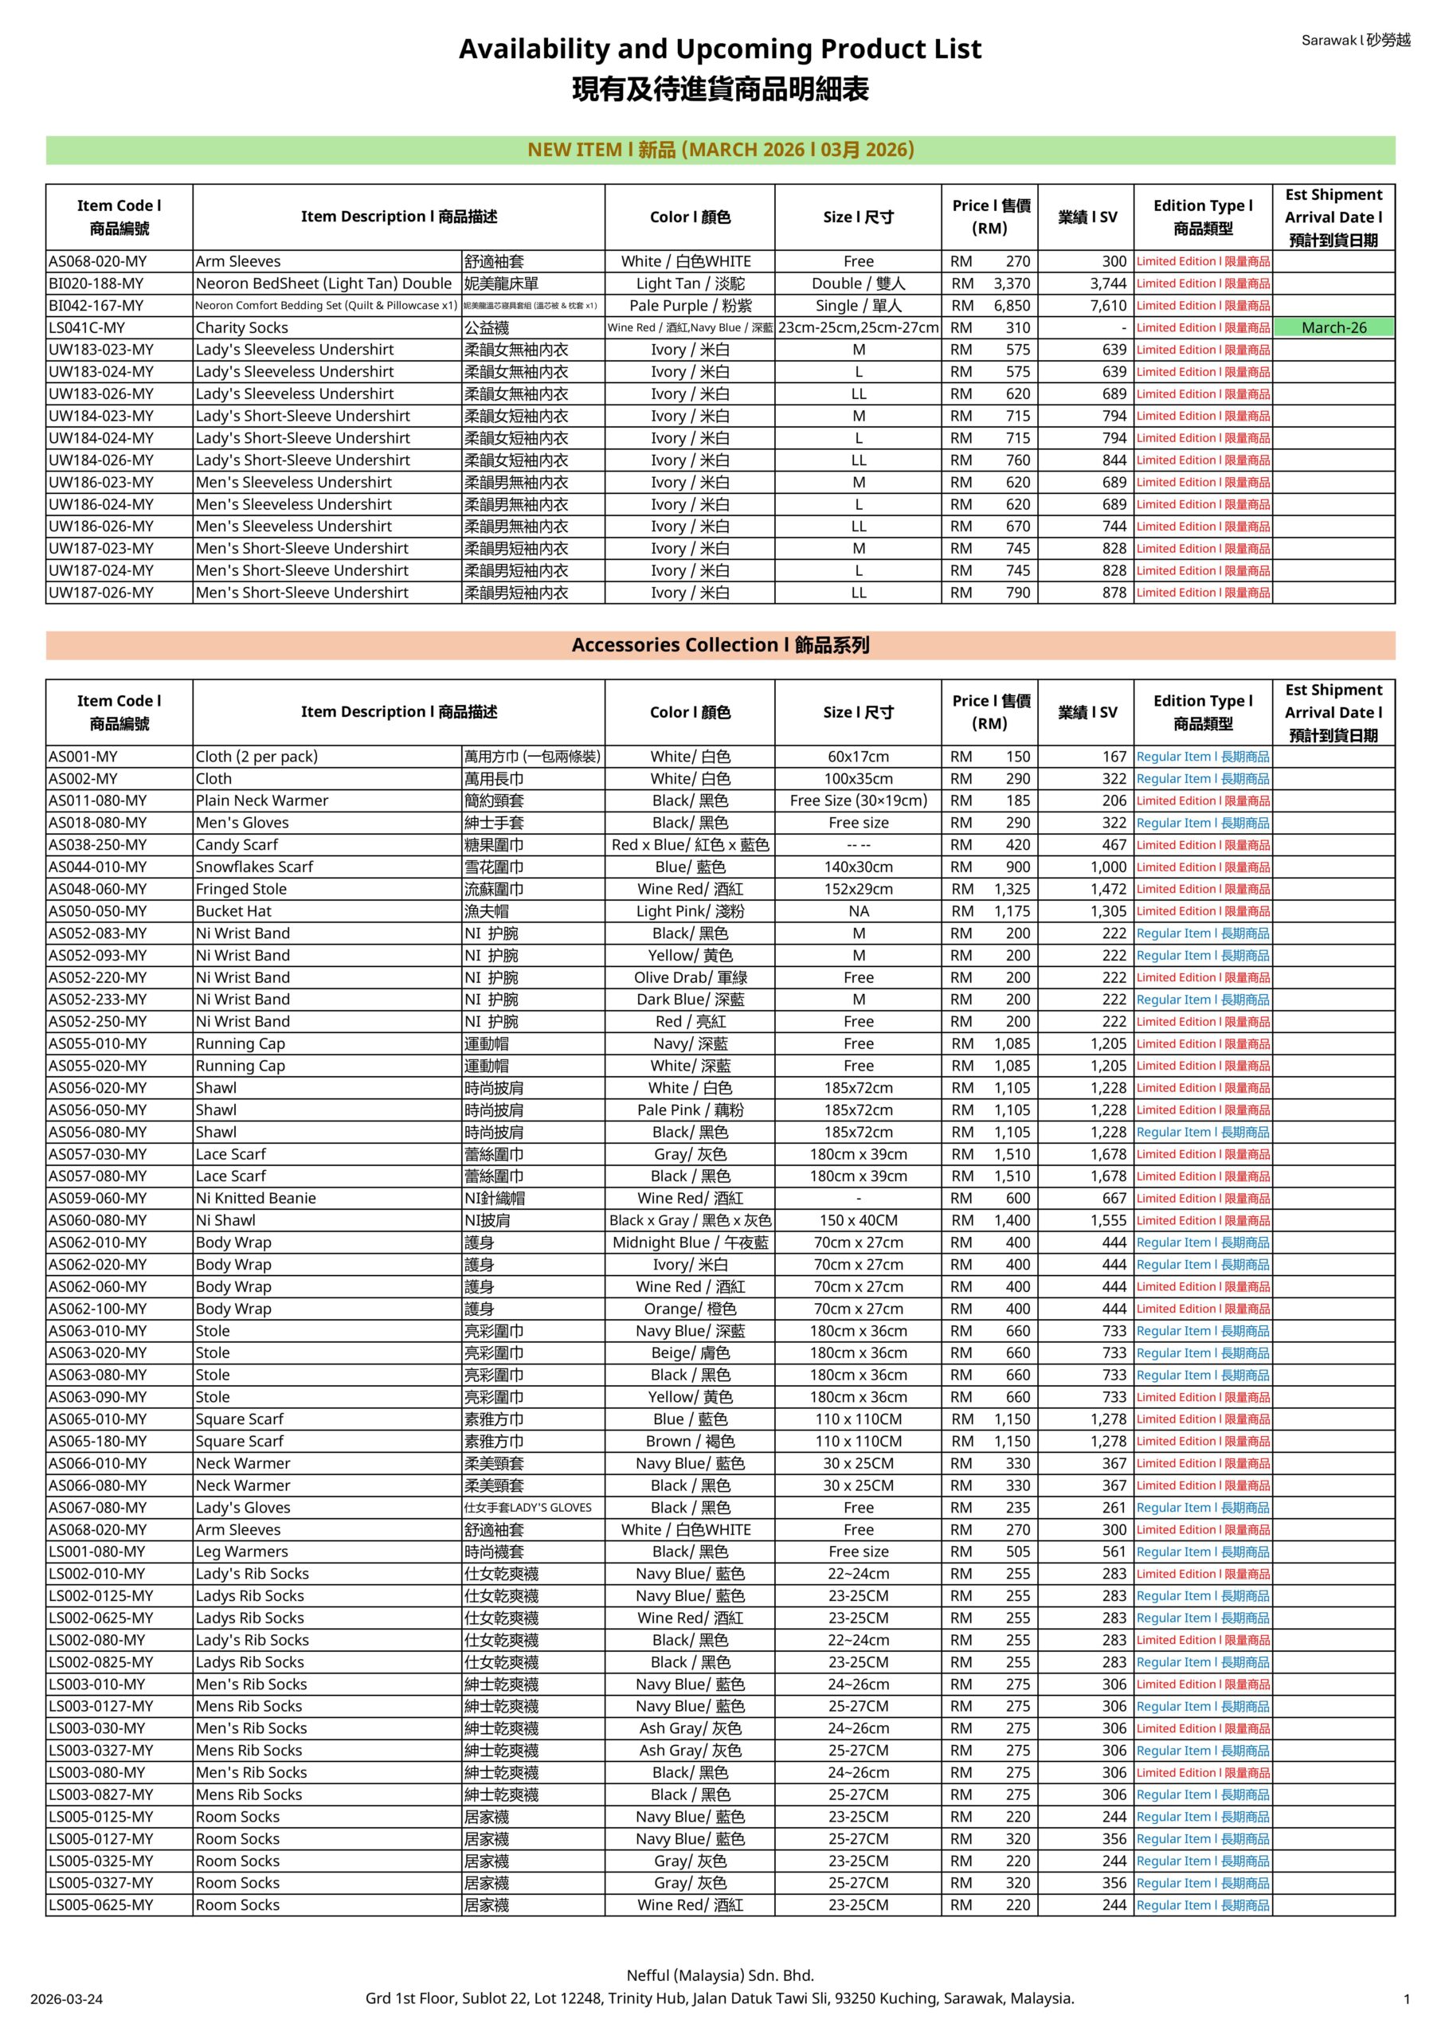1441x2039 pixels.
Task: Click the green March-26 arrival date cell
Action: point(1333,327)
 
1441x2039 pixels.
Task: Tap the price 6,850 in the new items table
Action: point(1012,306)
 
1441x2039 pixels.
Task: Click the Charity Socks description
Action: point(241,327)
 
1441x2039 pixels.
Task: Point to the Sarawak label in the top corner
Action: point(1355,40)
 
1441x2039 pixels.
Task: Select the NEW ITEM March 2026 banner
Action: point(719,150)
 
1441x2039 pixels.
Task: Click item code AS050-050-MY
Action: point(98,911)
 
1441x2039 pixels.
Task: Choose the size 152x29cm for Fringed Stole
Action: point(857,889)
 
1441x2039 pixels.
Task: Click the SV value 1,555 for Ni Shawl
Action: point(1108,1220)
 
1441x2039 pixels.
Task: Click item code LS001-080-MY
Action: point(97,1552)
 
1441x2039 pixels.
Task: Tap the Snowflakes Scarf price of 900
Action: point(1017,867)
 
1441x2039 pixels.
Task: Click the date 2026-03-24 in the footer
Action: point(67,1999)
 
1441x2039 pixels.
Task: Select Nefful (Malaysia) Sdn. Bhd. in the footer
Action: point(719,1975)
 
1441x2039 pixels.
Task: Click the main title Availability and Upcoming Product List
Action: point(719,49)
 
